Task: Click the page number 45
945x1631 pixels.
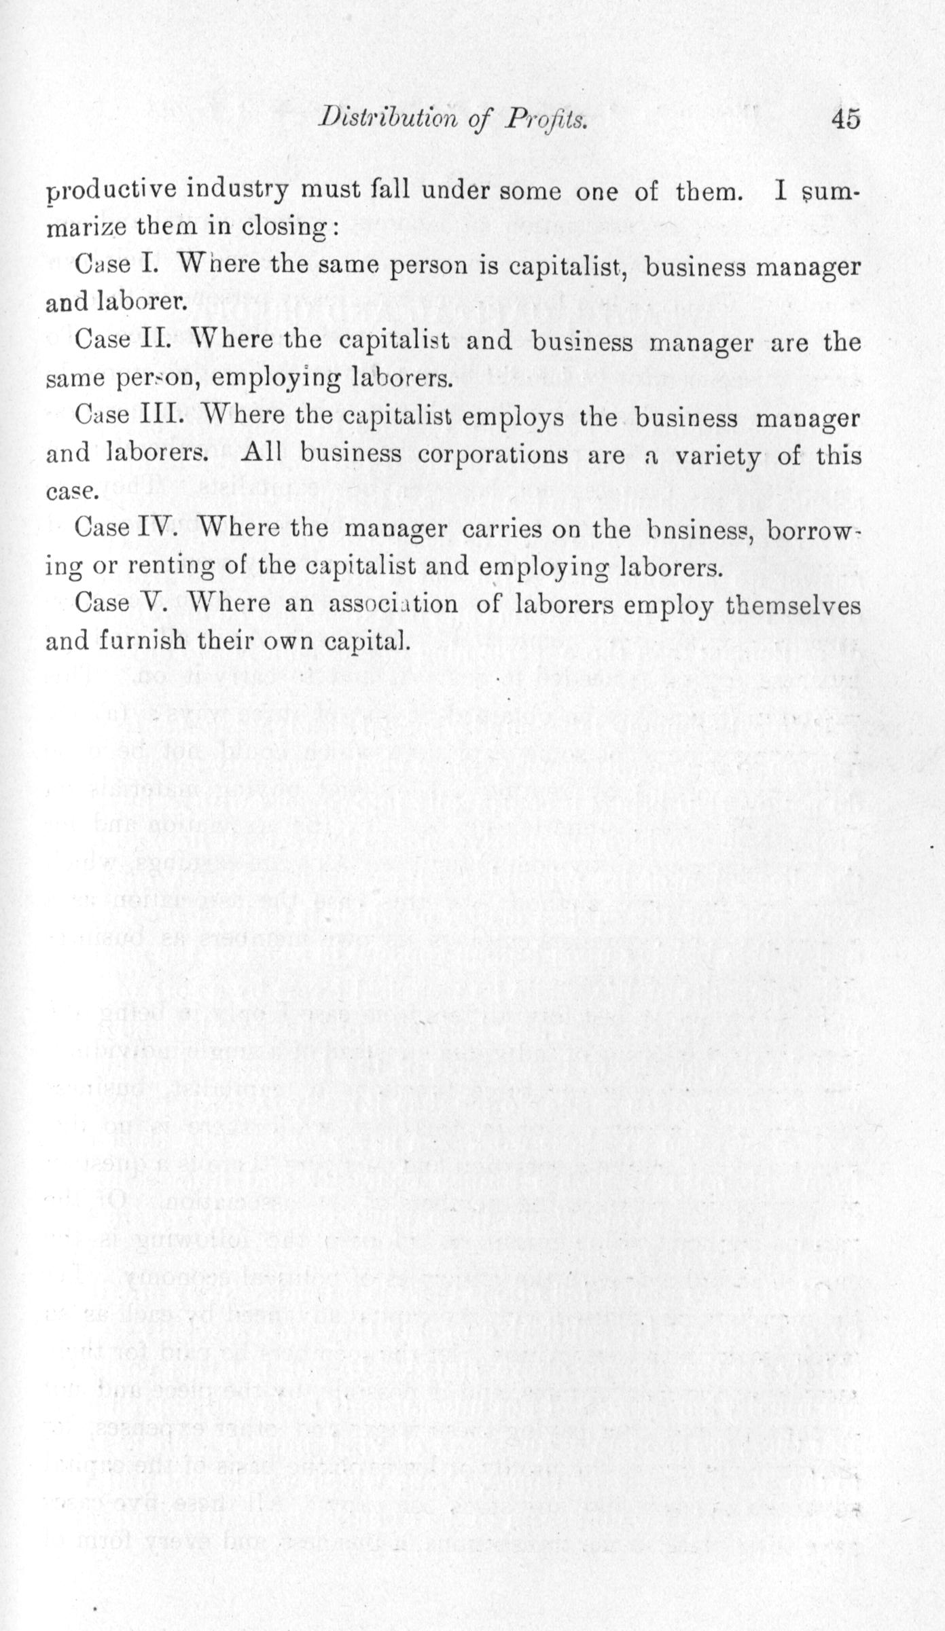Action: coord(844,120)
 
